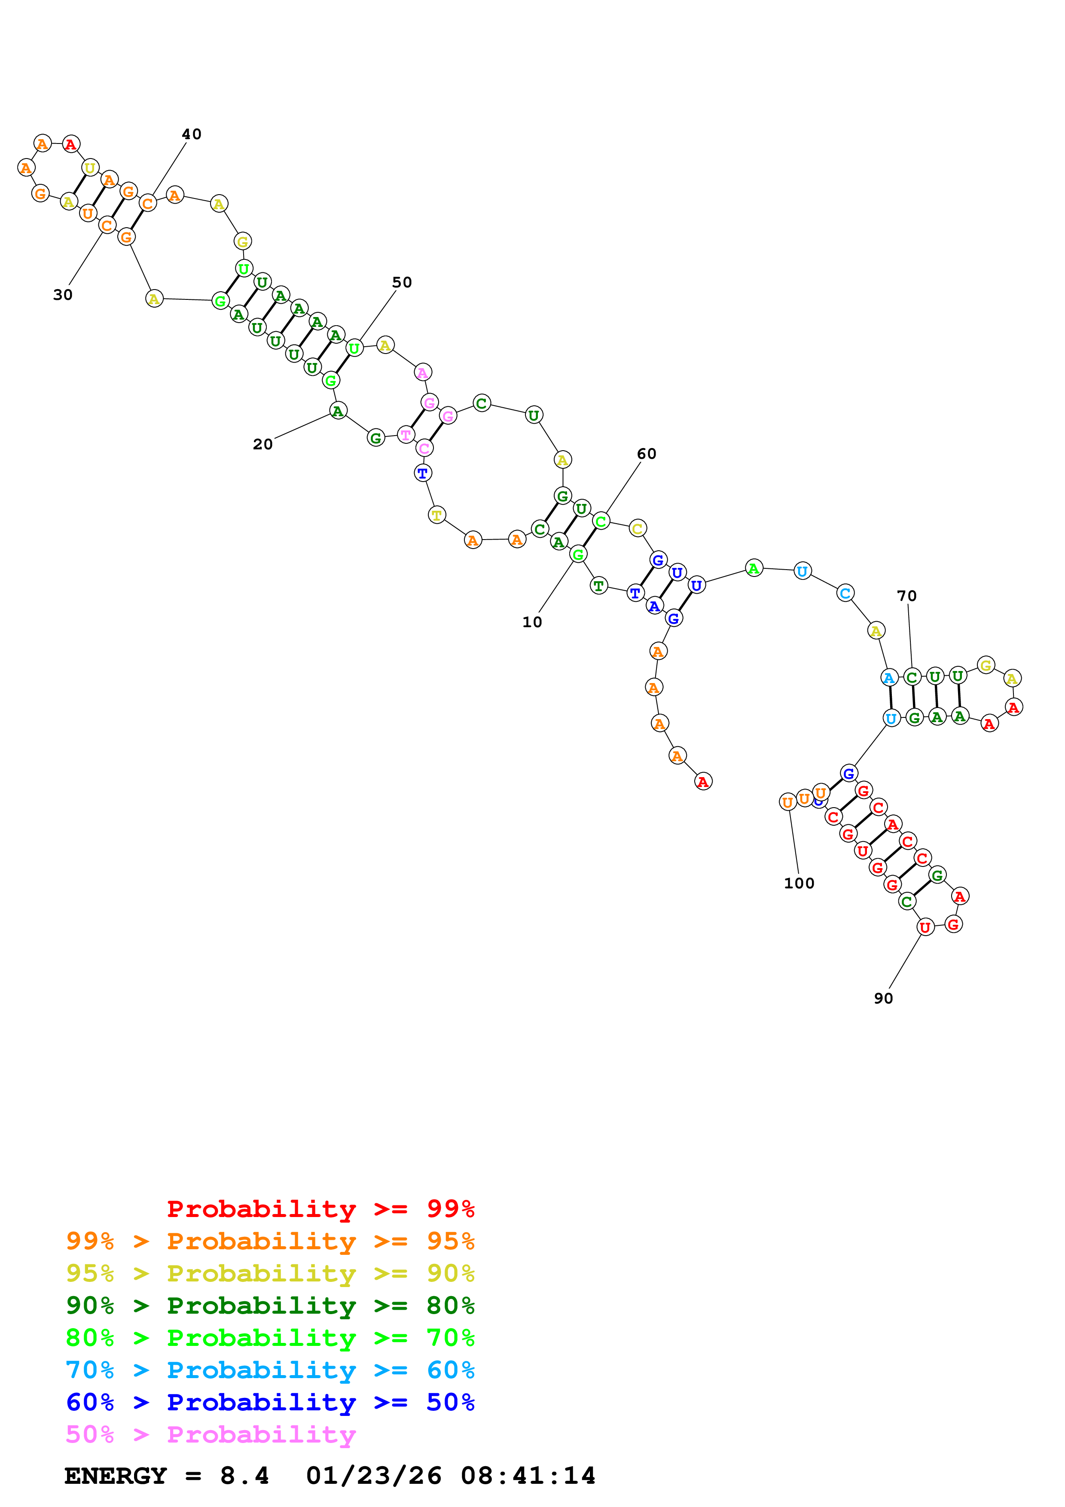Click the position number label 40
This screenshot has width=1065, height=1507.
tap(192, 134)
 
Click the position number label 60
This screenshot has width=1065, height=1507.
tap(647, 454)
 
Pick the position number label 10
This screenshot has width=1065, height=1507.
tap(532, 622)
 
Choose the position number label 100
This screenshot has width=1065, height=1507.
tap(799, 884)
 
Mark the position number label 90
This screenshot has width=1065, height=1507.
tap(883, 998)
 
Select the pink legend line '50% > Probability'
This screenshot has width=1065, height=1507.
tap(210, 1434)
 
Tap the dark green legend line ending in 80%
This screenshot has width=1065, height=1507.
tap(270, 1306)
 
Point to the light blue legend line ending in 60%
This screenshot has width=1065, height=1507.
tap(270, 1370)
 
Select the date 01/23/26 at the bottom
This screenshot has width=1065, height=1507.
tap(373, 1476)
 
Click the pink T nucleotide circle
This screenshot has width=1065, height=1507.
tap(406, 434)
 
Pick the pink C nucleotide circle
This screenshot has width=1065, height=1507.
tap(424, 448)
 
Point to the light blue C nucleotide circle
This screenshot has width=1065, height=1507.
tap(845, 593)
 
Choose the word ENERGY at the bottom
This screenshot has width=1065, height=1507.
tap(116, 1476)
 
